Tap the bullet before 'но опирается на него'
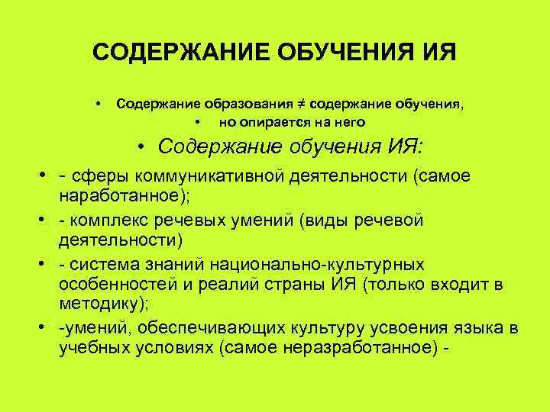click(x=197, y=121)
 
